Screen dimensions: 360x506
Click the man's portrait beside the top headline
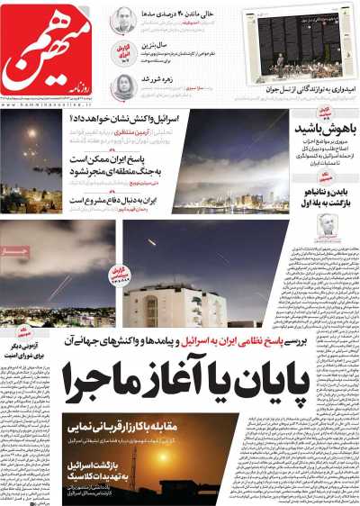(123, 20)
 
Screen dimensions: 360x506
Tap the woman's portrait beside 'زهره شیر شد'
(123, 86)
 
